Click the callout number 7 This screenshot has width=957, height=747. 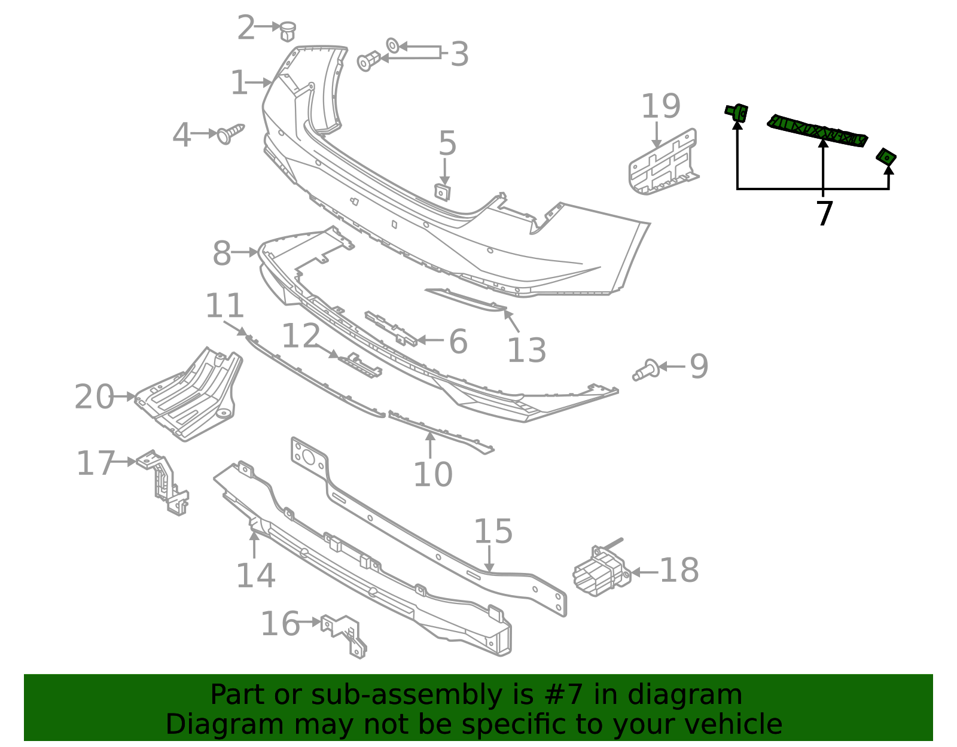824,214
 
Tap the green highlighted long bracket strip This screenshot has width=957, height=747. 818,130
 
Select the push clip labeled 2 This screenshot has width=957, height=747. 288,31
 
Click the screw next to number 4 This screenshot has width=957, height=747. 230,133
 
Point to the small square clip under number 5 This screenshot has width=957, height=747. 442,192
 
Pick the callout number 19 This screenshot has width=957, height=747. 660,107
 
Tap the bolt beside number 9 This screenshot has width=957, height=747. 647,370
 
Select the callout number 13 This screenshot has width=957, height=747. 526,350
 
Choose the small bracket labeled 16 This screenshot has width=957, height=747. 345,636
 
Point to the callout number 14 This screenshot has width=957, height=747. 255,575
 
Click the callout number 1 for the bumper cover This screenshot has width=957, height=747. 239,83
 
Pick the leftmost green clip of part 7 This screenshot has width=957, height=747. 737,112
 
